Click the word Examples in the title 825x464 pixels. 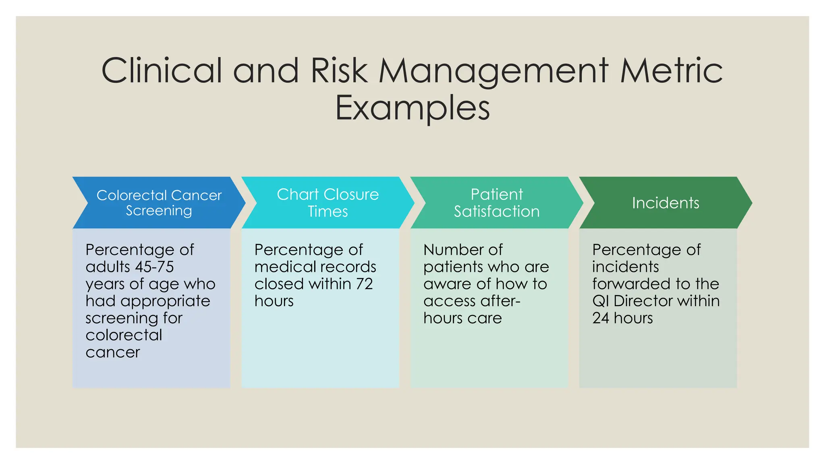click(x=412, y=108)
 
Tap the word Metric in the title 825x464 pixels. click(x=671, y=71)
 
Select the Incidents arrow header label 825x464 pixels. click(x=665, y=203)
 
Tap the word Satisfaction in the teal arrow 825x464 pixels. click(x=497, y=211)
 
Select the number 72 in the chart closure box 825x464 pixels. click(x=364, y=284)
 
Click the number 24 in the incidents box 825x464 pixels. click(x=600, y=318)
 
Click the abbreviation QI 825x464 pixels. click(x=601, y=301)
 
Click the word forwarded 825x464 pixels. click(x=629, y=284)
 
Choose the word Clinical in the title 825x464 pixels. click(x=162, y=71)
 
